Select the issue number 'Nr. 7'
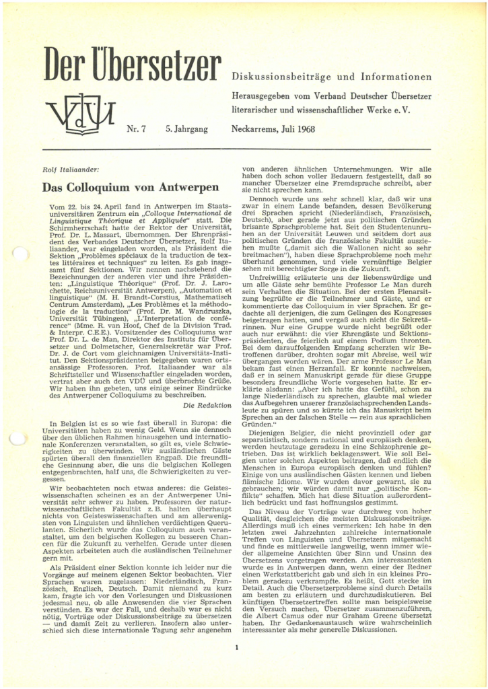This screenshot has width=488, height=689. click(x=137, y=126)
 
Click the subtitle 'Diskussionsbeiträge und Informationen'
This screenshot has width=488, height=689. click(x=331, y=76)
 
